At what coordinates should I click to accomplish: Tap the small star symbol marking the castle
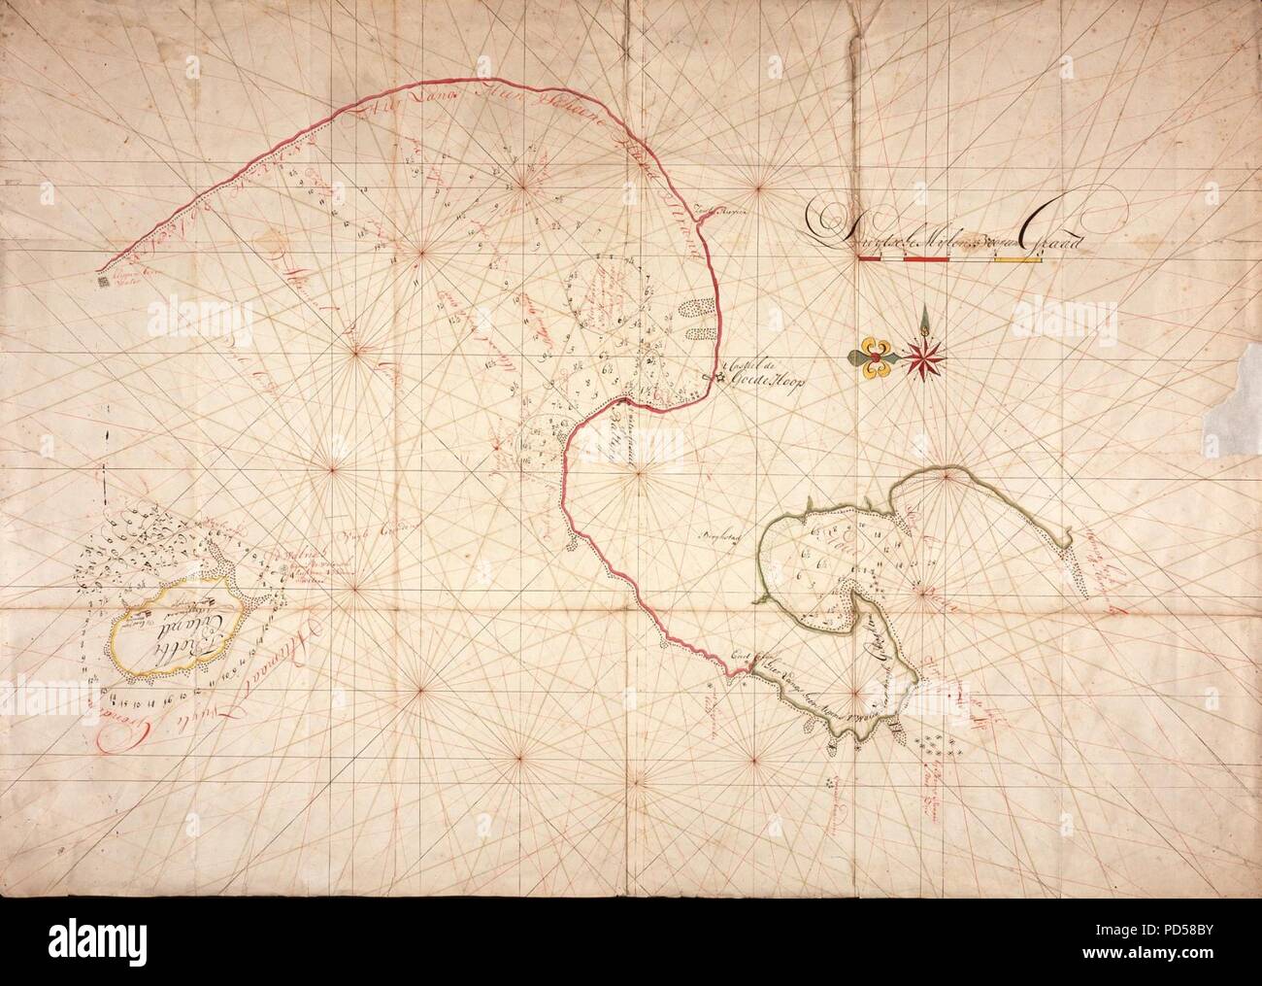[x=719, y=379]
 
